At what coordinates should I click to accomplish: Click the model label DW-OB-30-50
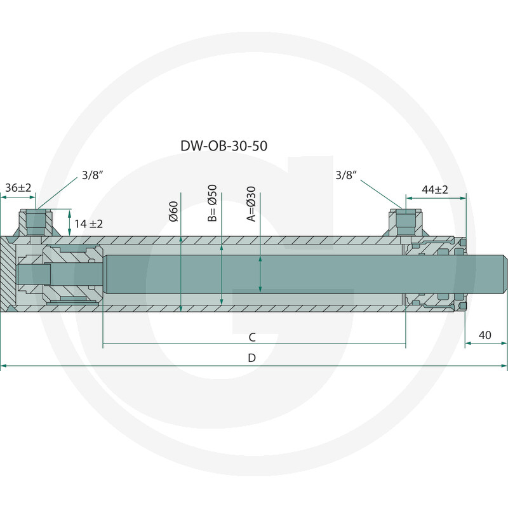(224, 145)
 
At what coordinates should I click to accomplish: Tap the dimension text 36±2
(18, 188)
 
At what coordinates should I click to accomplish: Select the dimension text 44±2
(435, 189)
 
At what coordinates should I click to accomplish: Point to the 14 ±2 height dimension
(88, 224)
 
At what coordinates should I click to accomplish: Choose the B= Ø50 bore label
(213, 203)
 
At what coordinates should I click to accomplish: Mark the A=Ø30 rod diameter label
(251, 204)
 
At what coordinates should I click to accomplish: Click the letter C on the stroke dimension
(252, 337)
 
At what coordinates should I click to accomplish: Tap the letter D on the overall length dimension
(252, 358)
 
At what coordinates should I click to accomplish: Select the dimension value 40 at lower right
(485, 335)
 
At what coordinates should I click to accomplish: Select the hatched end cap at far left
(8, 274)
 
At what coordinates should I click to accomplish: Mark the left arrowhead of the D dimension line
(3, 366)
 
